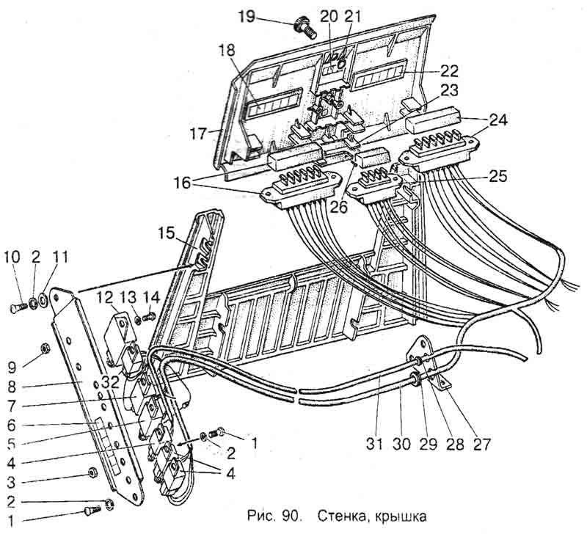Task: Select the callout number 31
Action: (x=379, y=444)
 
